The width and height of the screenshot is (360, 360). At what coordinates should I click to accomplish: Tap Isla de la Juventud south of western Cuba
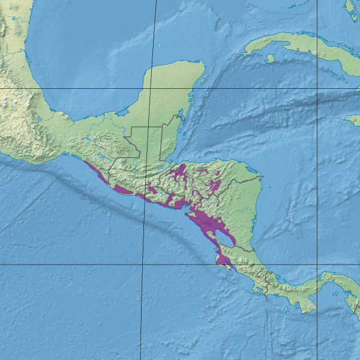click(x=271, y=58)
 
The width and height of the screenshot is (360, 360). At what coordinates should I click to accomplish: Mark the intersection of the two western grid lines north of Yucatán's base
click(x=149, y=89)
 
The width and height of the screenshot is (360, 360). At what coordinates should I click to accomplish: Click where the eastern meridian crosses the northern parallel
click(x=317, y=89)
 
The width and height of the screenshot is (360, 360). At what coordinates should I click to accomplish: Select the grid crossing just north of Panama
click(x=317, y=264)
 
